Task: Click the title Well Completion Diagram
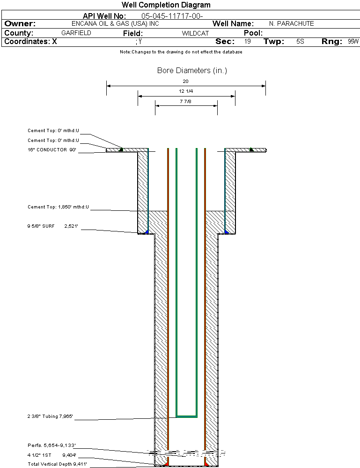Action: coord(166,5)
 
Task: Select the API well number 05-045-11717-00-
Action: coord(172,16)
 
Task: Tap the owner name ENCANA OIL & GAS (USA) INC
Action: coord(115,23)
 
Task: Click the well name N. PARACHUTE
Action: coord(291,23)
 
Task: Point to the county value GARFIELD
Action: coord(76,33)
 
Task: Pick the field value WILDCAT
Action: coord(195,33)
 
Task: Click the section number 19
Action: coord(248,41)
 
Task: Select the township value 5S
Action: coord(300,41)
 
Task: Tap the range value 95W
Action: coord(353,41)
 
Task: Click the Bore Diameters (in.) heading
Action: coord(192,70)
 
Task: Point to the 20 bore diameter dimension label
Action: coord(185,81)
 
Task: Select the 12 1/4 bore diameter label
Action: coord(186,91)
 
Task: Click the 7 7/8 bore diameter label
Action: coord(185,102)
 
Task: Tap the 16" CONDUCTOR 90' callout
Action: coord(52,150)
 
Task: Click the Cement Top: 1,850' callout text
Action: coord(58,207)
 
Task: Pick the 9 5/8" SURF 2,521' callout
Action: coord(53,226)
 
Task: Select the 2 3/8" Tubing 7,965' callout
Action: coord(50,416)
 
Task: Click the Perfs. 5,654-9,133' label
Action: coord(51,446)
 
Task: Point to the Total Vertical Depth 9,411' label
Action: coord(57,464)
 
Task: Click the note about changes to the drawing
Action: coord(181,52)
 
